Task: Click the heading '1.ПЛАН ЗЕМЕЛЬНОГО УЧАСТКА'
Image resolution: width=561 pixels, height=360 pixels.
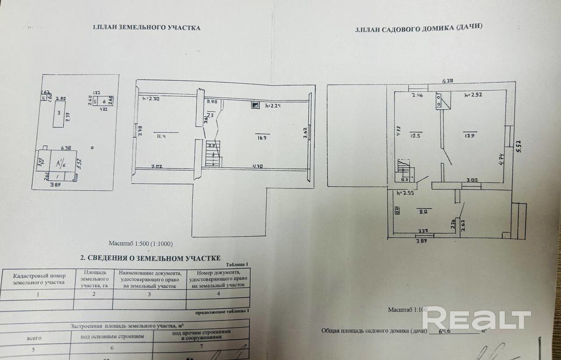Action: click(x=146, y=28)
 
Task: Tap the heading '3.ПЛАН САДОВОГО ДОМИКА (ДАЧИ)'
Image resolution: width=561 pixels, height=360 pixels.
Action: click(x=419, y=29)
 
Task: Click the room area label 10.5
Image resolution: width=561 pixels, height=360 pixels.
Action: click(x=415, y=135)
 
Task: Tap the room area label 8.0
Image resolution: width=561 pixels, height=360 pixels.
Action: click(x=423, y=211)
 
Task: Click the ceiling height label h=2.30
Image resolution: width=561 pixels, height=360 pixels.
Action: click(x=151, y=99)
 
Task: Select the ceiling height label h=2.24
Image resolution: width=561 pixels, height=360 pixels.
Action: click(x=273, y=105)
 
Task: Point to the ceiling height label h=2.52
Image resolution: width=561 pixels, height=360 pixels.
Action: click(x=474, y=95)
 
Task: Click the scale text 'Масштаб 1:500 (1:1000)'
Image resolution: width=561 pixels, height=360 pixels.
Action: click(x=144, y=243)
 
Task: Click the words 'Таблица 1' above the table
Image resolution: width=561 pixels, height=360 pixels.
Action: click(x=238, y=264)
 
